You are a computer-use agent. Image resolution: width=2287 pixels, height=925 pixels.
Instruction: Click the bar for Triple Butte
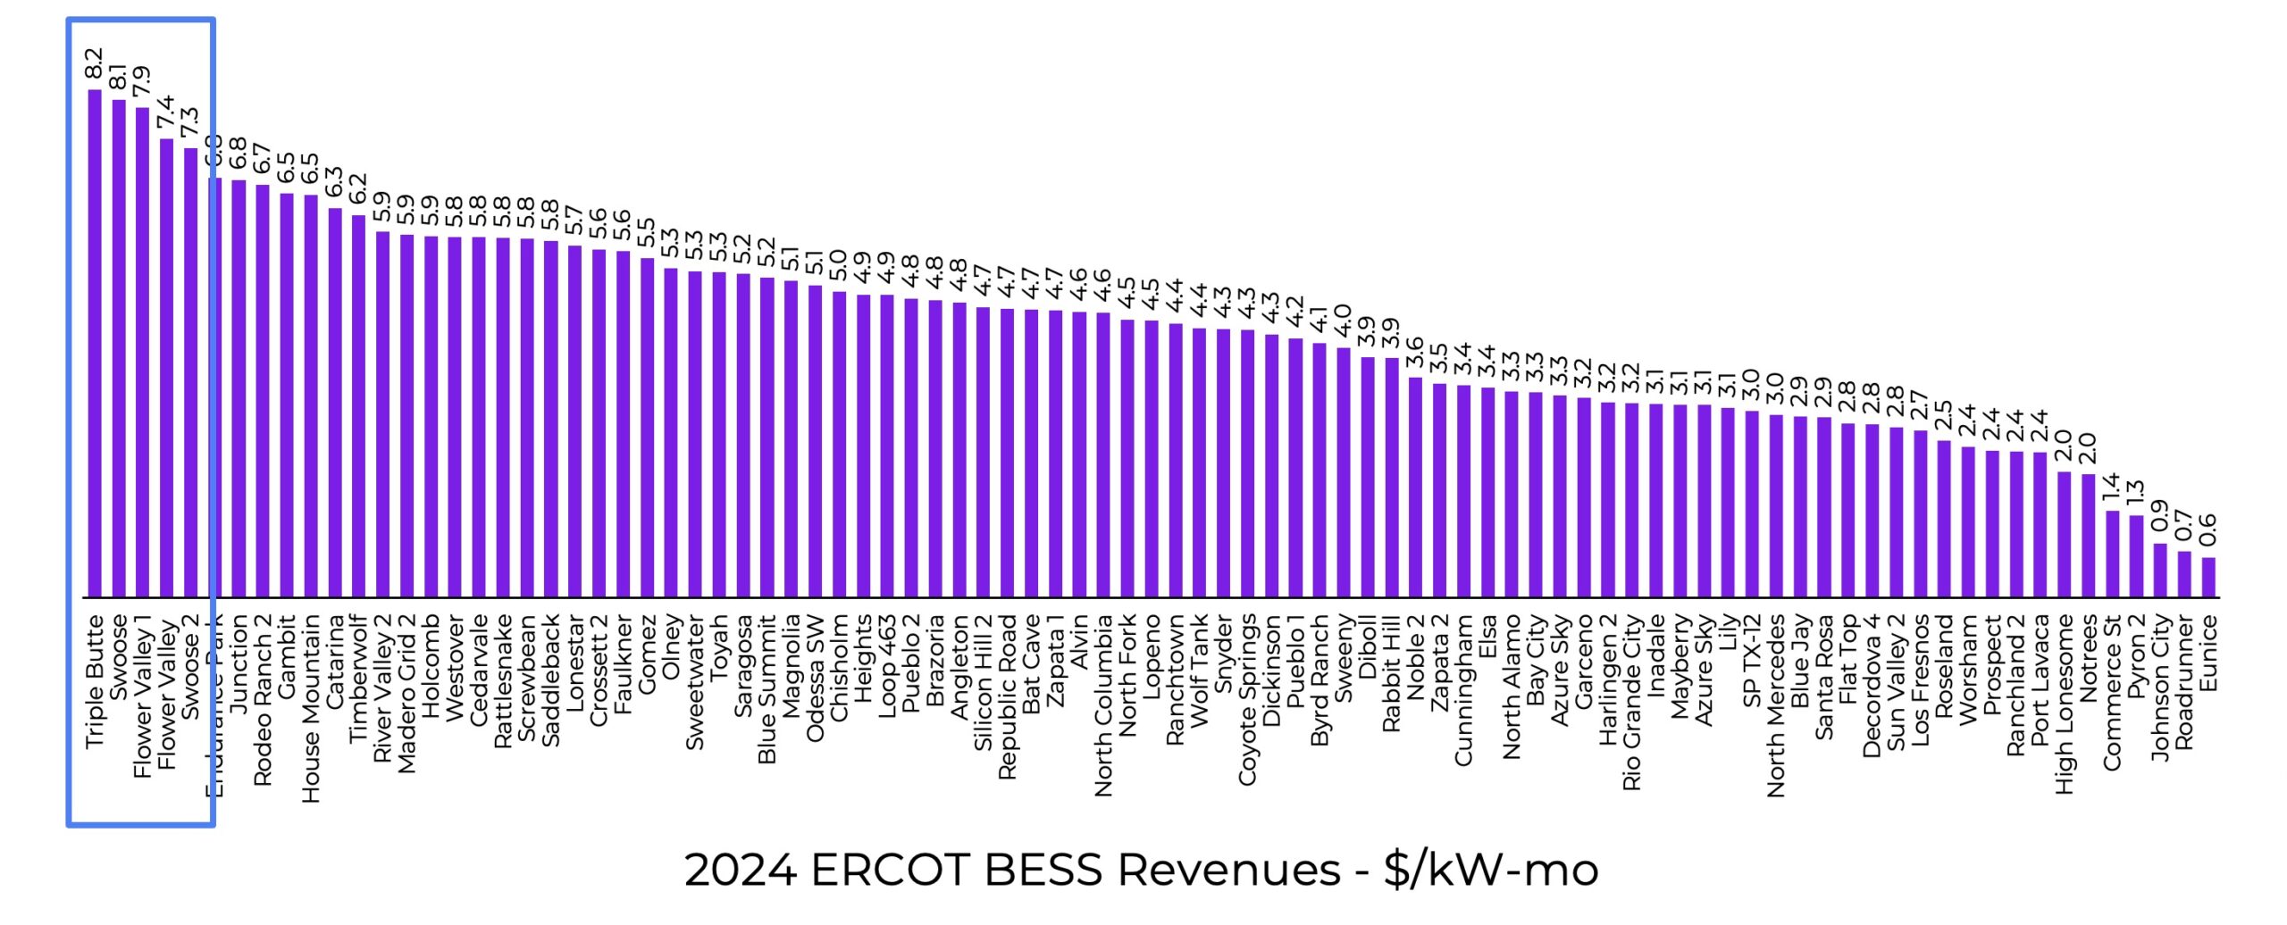pyautogui.click(x=95, y=344)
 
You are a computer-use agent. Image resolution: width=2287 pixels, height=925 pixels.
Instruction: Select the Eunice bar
pyautogui.click(x=2208, y=578)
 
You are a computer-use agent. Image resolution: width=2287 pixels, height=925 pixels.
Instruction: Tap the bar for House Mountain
pyautogui.click(x=311, y=396)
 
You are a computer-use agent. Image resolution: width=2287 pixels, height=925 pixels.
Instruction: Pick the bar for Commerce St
pyautogui.click(x=2113, y=554)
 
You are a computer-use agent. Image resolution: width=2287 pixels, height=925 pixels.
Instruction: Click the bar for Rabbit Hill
pyautogui.click(x=1392, y=478)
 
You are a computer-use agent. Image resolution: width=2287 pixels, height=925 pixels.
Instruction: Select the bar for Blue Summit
pyautogui.click(x=767, y=437)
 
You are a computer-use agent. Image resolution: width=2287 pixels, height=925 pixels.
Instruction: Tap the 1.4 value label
pyautogui.click(x=2111, y=487)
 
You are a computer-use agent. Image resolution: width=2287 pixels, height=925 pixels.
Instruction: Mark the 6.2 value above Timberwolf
pyautogui.click(x=358, y=188)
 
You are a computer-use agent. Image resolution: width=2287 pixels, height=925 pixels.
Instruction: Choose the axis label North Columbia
pyautogui.click(x=1104, y=705)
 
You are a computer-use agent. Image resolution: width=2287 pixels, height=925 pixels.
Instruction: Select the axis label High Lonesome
pyautogui.click(x=2065, y=704)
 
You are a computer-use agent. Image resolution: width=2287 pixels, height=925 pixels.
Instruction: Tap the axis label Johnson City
pyautogui.click(x=2160, y=687)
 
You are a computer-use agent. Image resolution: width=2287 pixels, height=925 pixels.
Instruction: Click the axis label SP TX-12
pyautogui.click(x=1752, y=661)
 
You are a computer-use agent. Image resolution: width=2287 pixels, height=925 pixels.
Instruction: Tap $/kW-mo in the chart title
pyautogui.click(x=1491, y=869)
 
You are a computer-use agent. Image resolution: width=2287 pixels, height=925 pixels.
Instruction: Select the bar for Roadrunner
pyautogui.click(x=2184, y=574)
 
